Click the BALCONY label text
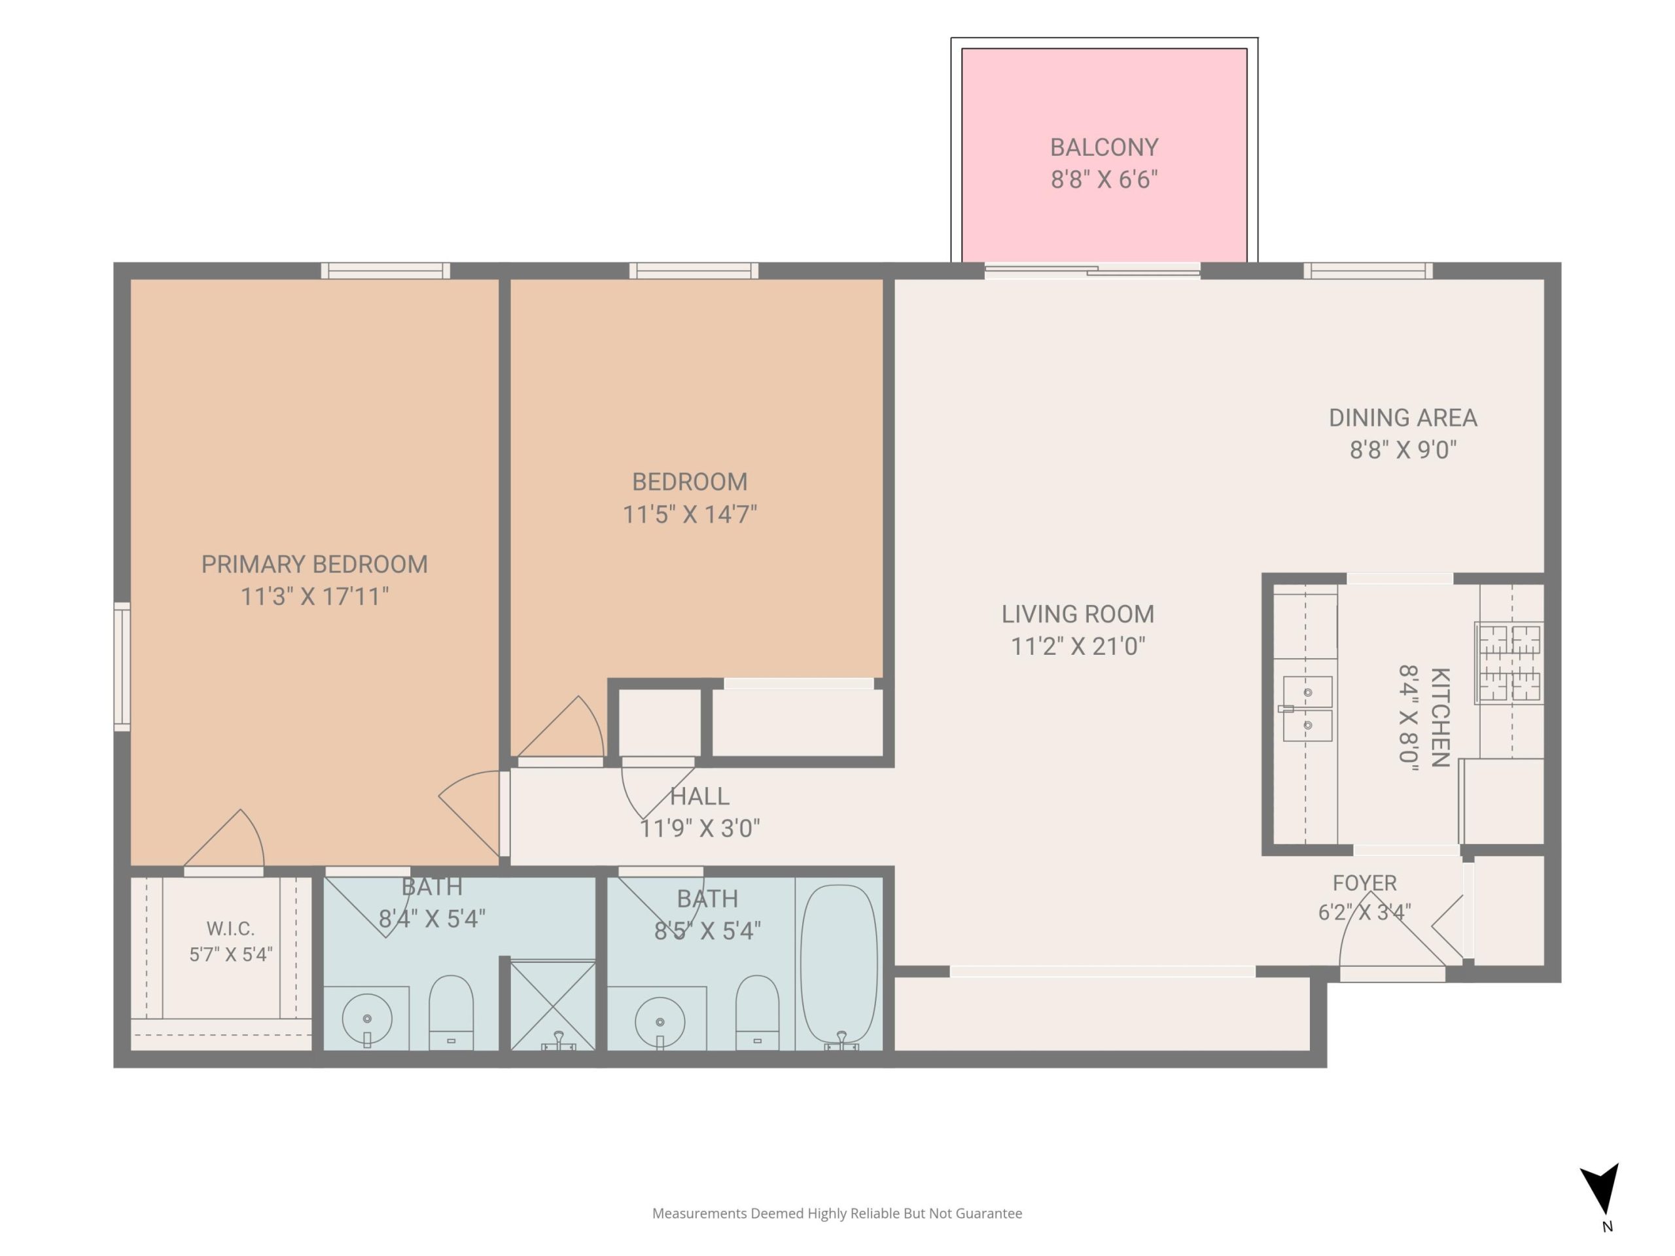(1104, 147)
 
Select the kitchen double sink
(1308, 708)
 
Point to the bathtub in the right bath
(839, 968)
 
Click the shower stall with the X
(553, 1005)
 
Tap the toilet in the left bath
(451, 1012)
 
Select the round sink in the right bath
(660, 1022)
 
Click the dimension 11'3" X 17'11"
(314, 597)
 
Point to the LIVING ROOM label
(1078, 614)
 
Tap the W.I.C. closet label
(230, 929)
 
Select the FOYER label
(1364, 882)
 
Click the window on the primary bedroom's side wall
(122, 667)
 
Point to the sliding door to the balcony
(1092, 271)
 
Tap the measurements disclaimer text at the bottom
(837, 1213)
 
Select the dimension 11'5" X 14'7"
(690, 515)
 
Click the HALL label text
(699, 797)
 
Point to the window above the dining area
(1367, 271)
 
